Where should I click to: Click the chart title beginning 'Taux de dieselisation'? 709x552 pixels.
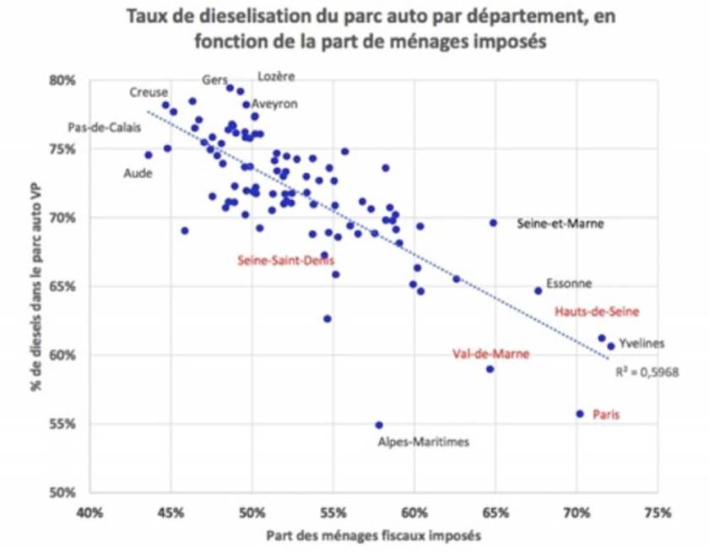click(x=354, y=29)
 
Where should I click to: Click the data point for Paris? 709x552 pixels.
click(x=580, y=414)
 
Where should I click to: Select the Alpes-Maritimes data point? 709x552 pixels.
click(x=379, y=425)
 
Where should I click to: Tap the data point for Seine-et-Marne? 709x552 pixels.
click(x=494, y=223)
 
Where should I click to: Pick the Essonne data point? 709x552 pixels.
click(x=538, y=290)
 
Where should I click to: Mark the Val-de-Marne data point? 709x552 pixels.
click(x=490, y=369)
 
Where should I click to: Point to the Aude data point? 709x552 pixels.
click(x=149, y=154)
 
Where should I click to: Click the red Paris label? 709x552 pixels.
click(x=605, y=415)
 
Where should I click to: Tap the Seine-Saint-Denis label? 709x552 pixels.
click(x=285, y=261)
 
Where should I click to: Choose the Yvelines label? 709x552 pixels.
click(x=641, y=344)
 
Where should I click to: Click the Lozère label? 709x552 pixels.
click(x=276, y=76)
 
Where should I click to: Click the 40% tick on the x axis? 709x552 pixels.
click(x=89, y=512)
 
